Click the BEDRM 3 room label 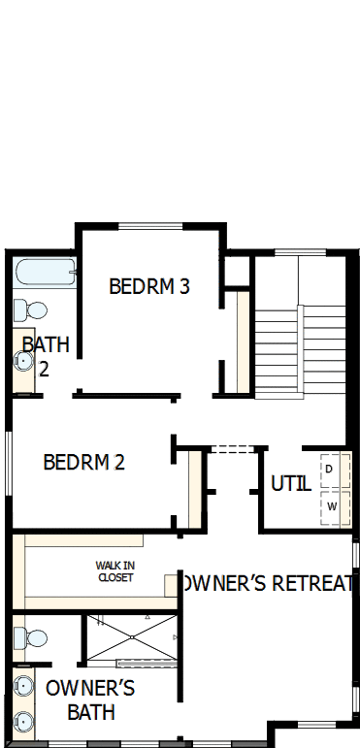(x=148, y=287)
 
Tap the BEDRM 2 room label (x=84, y=463)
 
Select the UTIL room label (x=290, y=483)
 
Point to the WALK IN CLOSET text (x=115, y=571)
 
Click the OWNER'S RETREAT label (x=271, y=583)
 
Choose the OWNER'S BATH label (x=90, y=700)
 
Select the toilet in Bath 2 (x=30, y=310)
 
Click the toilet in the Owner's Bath (x=29, y=638)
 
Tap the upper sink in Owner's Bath (x=22, y=686)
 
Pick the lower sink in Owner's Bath (x=22, y=722)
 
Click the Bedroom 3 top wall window (x=150, y=227)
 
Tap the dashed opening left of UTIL (x=232, y=448)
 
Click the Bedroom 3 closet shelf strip (x=244, y=341)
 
